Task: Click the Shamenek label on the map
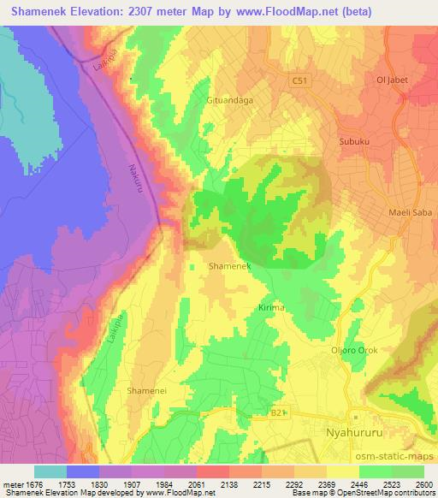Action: tap(229, 267)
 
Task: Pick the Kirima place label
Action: tap(270, 306)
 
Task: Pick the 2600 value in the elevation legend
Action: tap(423, 484)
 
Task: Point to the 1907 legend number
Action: tap(131, 484)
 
